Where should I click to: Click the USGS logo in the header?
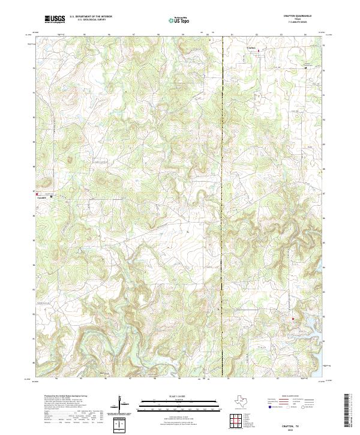(55, 20)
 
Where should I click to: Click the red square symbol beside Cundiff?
(37, 194)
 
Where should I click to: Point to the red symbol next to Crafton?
(259, 52)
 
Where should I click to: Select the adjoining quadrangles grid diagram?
(238, 421)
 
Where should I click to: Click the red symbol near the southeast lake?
(293, 319)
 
